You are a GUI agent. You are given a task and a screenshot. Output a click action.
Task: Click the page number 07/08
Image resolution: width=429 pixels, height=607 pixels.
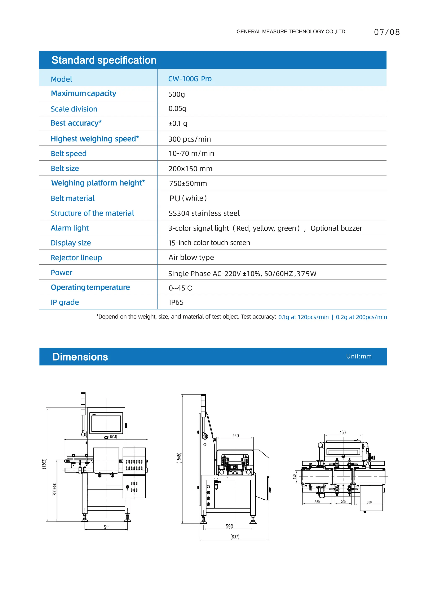click(387, 32)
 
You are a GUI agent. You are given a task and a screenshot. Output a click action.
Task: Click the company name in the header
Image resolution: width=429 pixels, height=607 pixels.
click(291, 31)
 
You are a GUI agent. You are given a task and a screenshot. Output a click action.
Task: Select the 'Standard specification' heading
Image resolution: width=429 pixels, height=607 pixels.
click(104, 60)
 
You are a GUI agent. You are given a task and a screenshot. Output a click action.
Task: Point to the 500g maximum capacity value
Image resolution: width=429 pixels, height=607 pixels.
click(176, 94)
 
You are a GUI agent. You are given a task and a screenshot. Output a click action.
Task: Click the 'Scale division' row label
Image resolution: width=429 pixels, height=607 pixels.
click(74, 109)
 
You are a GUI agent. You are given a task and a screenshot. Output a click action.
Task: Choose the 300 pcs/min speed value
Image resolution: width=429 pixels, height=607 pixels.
click(190, 139)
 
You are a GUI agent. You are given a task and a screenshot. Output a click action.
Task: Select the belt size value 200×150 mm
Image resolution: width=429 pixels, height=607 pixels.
click(190, 169)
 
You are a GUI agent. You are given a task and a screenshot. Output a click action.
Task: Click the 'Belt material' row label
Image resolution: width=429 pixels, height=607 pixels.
click(73, 198)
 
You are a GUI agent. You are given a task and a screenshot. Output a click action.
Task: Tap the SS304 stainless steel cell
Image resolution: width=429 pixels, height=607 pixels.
click(204, 213)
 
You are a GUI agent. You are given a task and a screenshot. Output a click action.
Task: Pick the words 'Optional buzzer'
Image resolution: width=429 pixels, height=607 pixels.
click(336, 228)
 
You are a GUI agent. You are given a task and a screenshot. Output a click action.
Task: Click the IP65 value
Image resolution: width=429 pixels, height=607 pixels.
click(176, 302)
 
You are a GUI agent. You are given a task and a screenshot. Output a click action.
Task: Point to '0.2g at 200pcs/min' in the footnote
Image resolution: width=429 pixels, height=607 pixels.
click(361, 317)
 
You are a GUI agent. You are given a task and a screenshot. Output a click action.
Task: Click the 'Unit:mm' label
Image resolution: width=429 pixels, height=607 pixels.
click(359, 356)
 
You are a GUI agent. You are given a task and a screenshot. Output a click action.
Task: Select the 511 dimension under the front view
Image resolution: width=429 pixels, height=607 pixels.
click(107, 527)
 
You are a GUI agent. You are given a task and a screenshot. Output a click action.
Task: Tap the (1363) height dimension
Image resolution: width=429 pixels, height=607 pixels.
click(44, 464)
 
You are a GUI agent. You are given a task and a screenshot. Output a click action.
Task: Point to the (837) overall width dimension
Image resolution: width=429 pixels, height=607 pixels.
click(235, 537)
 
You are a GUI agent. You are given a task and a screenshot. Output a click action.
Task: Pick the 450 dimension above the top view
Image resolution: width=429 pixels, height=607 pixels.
click(342, 433)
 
